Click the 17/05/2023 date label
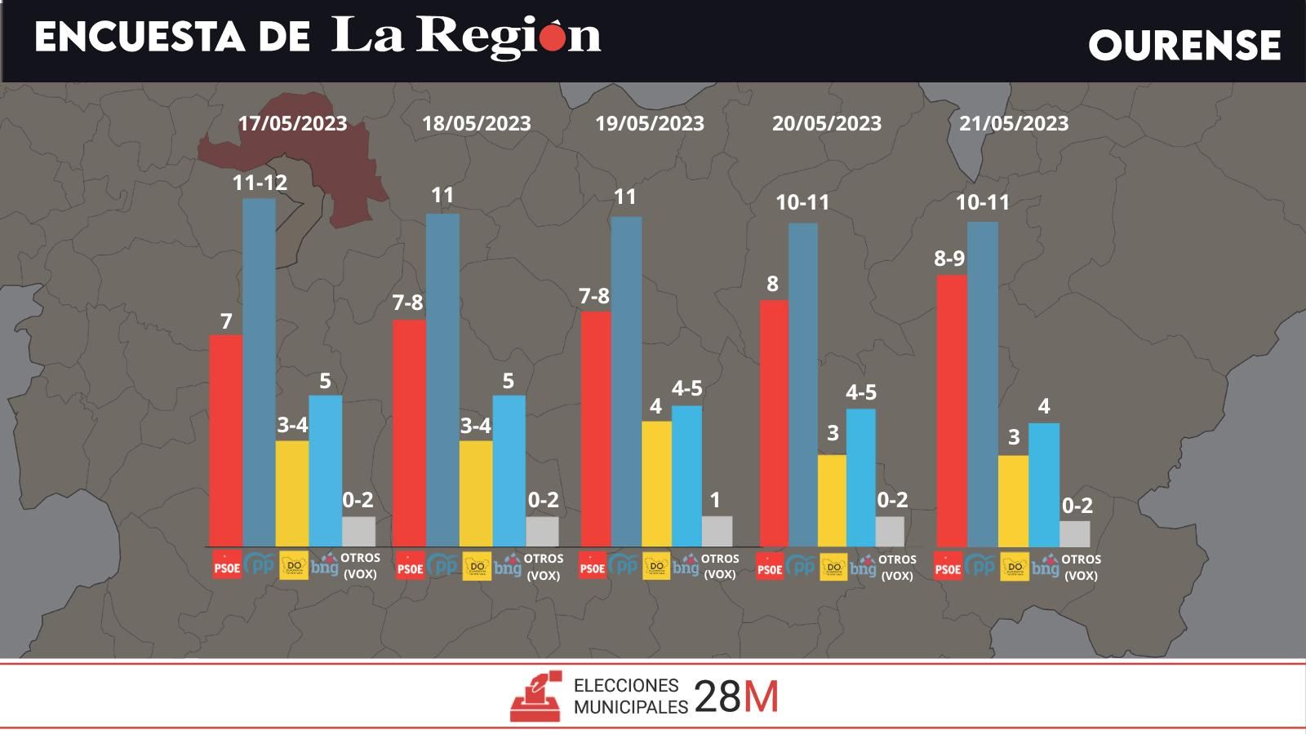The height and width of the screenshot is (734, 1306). pos(292,123)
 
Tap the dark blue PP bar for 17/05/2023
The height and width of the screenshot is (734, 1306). pos(259,372)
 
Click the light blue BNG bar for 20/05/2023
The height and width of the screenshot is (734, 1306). pos(861,477)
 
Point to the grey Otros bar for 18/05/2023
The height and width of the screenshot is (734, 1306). pos(542,531)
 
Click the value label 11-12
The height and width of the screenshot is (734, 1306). pos(260,183)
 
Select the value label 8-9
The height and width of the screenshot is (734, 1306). pos(949,259)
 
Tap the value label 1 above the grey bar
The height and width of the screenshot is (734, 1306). pos(715,500)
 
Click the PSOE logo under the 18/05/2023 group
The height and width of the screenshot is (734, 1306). pos(410,566)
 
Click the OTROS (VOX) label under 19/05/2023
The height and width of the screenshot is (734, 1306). pos(720,566)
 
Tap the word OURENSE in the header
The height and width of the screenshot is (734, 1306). pos(1184,45)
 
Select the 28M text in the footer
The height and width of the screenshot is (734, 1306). pos(736,697)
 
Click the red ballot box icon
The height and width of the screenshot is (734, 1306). pos(535,696)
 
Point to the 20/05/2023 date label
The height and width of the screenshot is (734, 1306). pos(827,123)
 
